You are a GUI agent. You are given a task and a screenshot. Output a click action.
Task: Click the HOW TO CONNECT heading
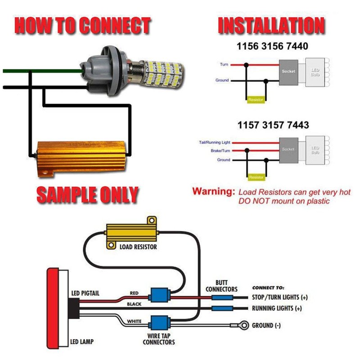82,26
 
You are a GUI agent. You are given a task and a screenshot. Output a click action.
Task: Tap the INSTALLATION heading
271,26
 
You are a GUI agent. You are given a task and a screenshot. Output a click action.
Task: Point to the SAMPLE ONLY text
86,194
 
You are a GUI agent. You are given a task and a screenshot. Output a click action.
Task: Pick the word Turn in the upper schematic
224,65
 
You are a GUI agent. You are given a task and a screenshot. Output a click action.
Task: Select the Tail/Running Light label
214,143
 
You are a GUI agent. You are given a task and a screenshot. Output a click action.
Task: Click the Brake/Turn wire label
220,151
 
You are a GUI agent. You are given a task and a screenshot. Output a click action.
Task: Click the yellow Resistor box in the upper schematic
256,99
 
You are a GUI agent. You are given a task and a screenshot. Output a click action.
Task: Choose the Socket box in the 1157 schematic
288,149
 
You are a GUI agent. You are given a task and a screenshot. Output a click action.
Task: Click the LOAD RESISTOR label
138,247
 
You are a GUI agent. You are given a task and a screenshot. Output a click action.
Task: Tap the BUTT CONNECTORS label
221,286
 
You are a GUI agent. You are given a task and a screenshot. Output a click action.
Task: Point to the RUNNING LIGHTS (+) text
277,309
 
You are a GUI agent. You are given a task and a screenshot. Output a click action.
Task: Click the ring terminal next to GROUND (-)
244,324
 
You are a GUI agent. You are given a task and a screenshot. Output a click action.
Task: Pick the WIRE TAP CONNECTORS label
158,339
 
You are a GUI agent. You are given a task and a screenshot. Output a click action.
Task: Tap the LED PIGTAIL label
85,293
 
